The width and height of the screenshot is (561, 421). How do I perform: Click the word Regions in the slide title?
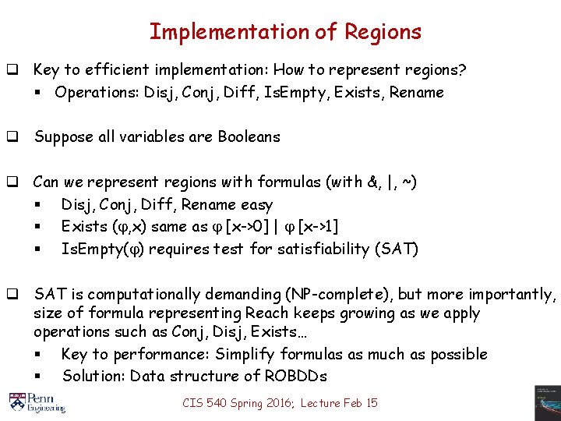383,32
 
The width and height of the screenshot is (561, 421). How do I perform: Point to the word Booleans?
244,137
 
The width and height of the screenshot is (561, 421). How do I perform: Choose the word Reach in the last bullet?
266,313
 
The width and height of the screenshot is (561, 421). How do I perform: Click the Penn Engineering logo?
37,401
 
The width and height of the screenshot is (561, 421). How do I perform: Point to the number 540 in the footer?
218,403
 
